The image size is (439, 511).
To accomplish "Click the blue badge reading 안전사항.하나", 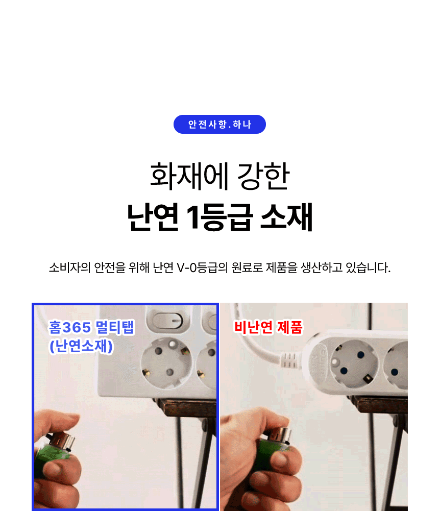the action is [219, 124].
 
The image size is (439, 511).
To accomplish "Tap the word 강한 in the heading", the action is [263, 176].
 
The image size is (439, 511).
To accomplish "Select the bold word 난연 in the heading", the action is [153, 217].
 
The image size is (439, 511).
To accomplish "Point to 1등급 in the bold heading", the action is [219, 217].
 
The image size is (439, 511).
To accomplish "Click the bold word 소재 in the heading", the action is [287, 217].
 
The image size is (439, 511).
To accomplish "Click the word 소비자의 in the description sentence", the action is [69, 268].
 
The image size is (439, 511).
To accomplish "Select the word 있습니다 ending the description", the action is [368, 268].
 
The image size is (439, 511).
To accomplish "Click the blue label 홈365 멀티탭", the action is [91, 327].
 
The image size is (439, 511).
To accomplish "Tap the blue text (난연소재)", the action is [81, 346].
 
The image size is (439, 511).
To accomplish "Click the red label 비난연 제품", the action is [269, 327].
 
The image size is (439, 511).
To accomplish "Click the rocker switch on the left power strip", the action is [168, 320].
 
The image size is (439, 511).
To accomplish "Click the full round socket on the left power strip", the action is [166, 362].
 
